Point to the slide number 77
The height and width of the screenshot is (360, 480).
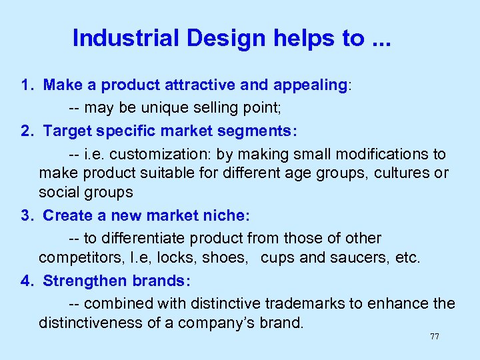point(435,337)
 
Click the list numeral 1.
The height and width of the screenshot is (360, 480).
point(25,85)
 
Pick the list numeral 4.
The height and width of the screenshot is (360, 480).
point(25,281)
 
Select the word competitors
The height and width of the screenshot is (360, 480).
point(77,258)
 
